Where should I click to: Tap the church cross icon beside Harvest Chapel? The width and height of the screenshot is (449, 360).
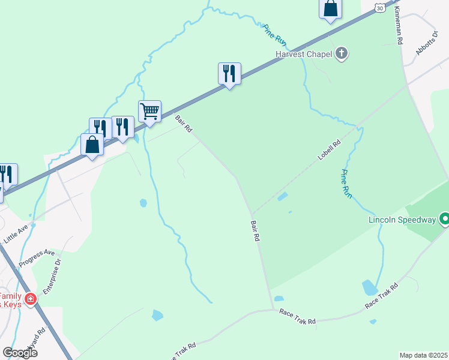click(342, 54)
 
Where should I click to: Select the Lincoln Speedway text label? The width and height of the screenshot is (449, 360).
click(402, 220)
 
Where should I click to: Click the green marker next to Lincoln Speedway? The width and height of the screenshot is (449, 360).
click(445, 220)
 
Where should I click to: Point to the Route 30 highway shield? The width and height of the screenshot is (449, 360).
click(379, 7)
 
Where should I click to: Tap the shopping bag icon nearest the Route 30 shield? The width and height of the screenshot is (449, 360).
click(330, 8)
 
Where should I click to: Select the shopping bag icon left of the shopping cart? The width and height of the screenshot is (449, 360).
click(92, 144)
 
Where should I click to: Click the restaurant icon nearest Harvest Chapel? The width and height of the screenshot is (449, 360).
click(229, 73)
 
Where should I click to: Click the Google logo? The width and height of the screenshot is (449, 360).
click(20, 353)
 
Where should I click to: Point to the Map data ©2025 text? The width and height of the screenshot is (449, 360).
click(424, 355)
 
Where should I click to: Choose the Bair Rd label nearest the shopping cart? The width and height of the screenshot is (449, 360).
click(184, 124)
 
